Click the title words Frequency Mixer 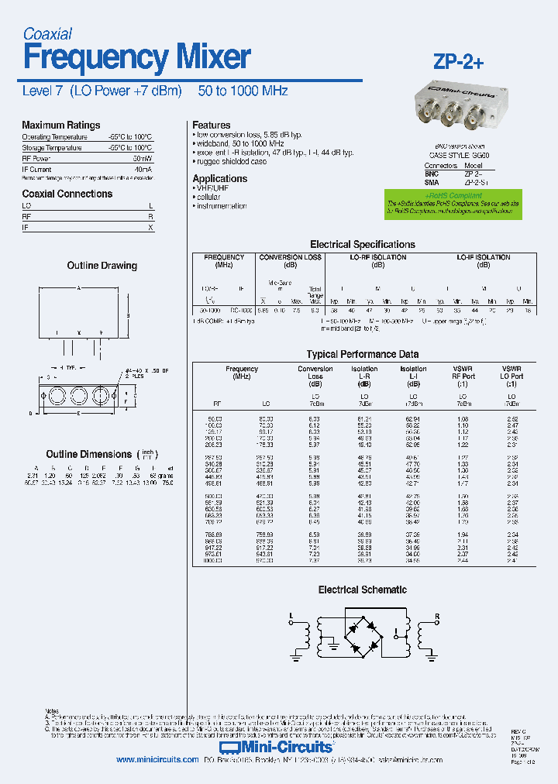[x=136, y=57]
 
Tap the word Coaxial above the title [x=47, y=33]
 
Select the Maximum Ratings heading [x=60, y=125]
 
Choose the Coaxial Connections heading [x=67, y=194]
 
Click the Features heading [x=211, y=125]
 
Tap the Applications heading [x=219, y=178]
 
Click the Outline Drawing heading [x=102, y=265]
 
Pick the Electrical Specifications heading [x=362, y=244]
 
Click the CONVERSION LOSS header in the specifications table [x=290, y=257]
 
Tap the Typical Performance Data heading [x=362, y=354]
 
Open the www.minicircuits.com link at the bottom [x=157, y=760]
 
